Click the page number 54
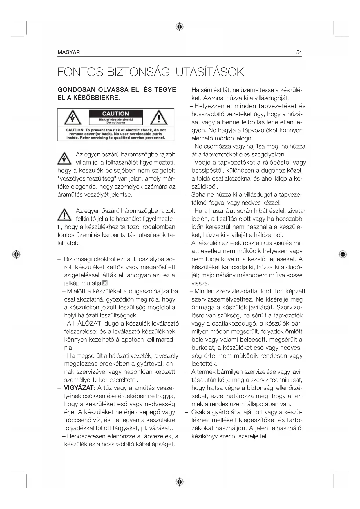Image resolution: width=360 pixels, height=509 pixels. click(299, 53)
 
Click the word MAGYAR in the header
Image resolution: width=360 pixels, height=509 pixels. click(69, 53)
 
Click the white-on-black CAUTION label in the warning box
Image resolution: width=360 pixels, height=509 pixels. click(115, 114)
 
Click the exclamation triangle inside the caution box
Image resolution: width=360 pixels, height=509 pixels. click(158, 118)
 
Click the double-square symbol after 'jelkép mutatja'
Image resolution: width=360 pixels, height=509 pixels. click(105, 283)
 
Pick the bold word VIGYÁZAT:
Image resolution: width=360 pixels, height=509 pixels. click(79, 388)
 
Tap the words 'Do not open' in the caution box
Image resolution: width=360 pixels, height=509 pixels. click(116, 122)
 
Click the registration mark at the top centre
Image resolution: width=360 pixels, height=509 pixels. click(180, 27)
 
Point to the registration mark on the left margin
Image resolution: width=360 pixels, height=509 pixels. click(17, 254)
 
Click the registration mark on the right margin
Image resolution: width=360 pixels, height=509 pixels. click(343, 254)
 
